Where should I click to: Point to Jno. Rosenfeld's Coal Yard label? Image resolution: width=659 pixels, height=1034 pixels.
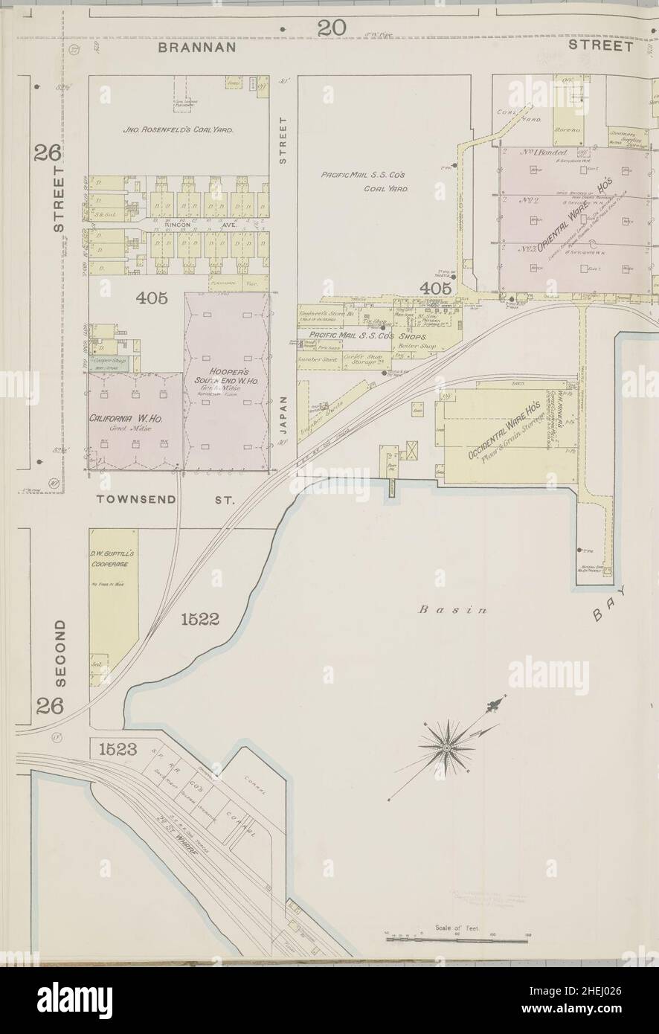[179, 130]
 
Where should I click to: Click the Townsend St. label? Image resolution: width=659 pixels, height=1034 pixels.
[165, 501]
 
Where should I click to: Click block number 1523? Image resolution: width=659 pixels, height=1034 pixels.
[118, 750]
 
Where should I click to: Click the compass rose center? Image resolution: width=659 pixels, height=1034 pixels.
[444, 744]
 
